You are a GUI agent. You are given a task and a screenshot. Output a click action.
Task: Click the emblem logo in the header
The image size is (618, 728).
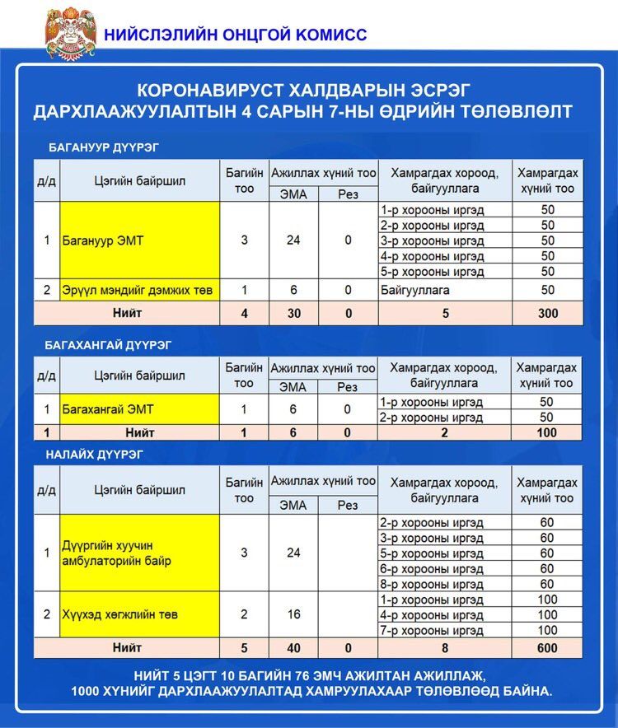click(70, 33)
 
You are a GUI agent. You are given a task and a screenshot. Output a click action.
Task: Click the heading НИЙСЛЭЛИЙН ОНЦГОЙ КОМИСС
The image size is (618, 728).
click(235, 35)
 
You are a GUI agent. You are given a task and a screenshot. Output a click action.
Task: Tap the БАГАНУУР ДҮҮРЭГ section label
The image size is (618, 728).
click(103, 147)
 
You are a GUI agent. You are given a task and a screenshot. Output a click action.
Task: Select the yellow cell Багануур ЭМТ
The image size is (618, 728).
click(140, 240)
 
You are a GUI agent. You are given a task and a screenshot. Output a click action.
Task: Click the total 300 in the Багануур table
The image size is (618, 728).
click(547, 313)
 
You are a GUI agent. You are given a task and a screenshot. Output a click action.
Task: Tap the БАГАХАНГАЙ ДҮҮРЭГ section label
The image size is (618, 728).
click(110, 345)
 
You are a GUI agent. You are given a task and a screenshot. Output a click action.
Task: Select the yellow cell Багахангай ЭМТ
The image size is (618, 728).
click(140, 409)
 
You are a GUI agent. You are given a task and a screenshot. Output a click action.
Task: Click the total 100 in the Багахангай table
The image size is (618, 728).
click(547, 432)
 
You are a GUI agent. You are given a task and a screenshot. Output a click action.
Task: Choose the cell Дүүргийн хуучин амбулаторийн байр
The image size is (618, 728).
click(140, 553)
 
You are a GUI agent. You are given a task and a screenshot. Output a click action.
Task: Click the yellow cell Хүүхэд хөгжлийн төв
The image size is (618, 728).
click(140, 614)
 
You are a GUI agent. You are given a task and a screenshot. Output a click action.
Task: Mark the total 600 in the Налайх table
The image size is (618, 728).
click(547, 648)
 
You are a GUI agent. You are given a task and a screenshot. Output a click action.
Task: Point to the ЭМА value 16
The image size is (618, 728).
click(293, 614)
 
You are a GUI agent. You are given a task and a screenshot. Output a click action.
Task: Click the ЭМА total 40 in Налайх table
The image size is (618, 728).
click(293, 648)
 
